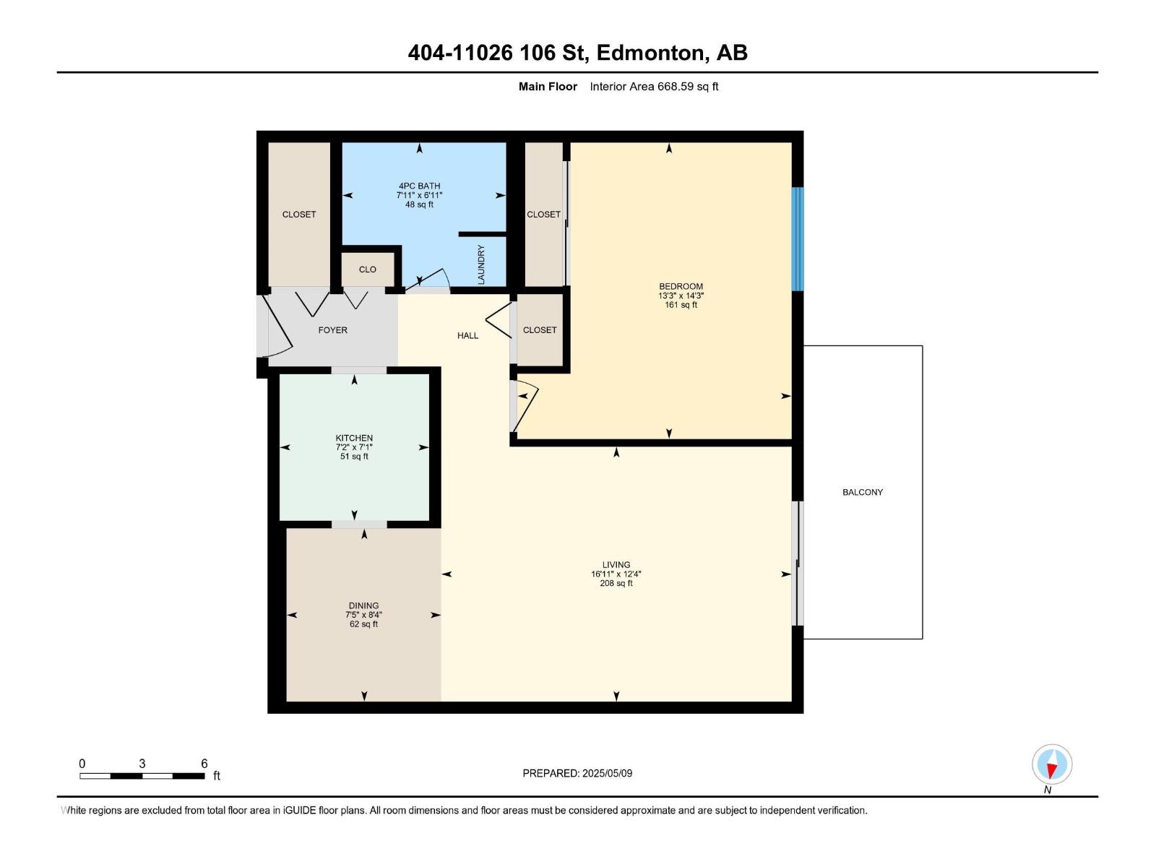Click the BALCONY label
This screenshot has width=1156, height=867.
(x=862, y=492)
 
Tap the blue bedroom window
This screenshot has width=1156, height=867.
(x=797, y=239)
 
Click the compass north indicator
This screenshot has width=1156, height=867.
(x=1052, y=765)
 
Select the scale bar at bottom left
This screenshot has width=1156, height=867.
(x=142, y=776)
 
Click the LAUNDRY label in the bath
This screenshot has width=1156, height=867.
(x=481, y=264)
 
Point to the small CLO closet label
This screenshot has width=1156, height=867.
(x=368, y=269)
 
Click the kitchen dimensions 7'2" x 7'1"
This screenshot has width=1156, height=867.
(x=354, y=447)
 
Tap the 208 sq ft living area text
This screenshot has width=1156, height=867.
(x=616, y=583)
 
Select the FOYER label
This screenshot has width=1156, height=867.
(x=332, y=330)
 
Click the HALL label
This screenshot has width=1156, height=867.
(x=467, y=335)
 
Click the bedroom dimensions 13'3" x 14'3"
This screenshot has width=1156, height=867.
(x=681, y=296)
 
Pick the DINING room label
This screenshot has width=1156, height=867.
(x=363, y=605)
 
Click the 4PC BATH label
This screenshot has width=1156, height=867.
(x=419, y=186)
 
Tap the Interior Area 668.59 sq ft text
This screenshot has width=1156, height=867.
(x=654, y=87)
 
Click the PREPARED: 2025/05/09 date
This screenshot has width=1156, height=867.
(x=577, y=773)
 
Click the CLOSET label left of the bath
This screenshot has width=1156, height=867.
(x=299, y=215)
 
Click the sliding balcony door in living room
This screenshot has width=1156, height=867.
(x=798, y=564)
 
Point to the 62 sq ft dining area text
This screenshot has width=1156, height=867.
(x=363, y=624)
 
